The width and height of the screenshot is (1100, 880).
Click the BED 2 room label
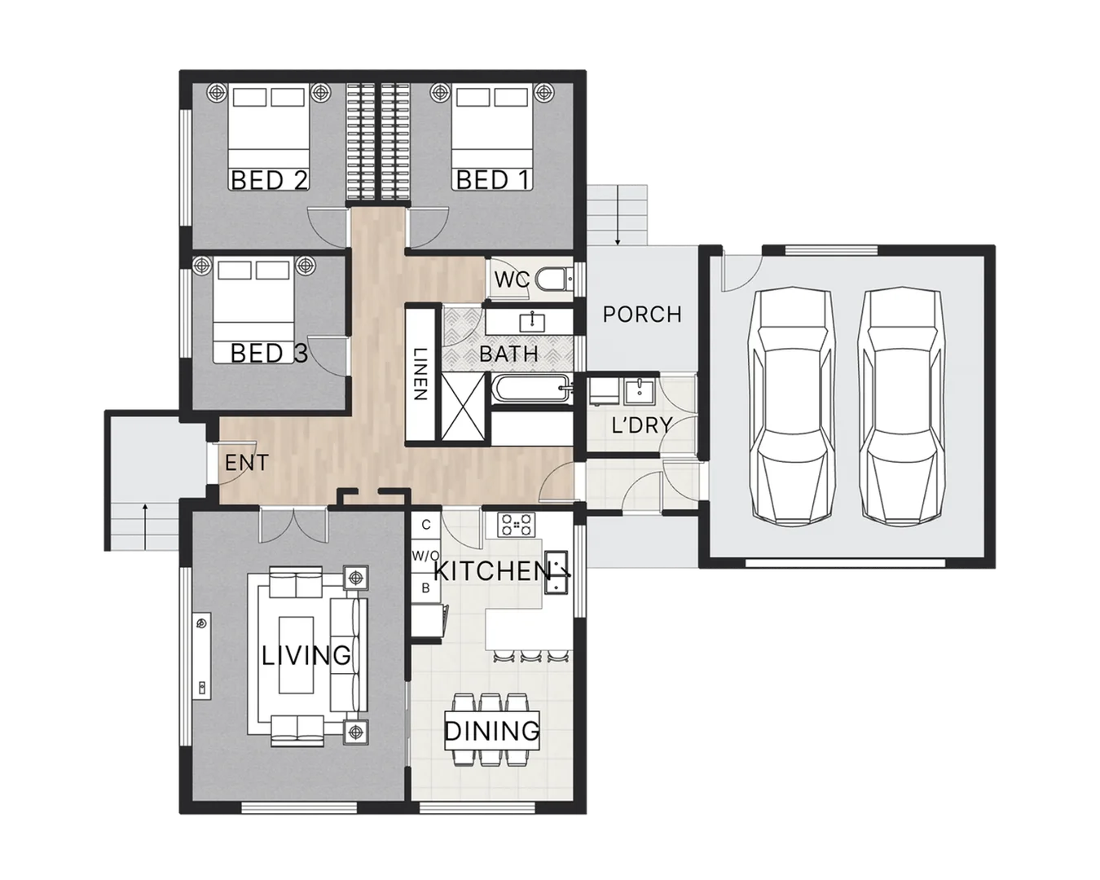click(x=270, y=180)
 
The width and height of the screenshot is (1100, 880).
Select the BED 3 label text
click(x=269, y=353)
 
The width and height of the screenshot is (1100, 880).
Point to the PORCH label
click(x=643, y=315)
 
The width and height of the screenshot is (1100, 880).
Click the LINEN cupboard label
click(x=420, y=374)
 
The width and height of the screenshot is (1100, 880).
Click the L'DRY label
click(x=642, y=425)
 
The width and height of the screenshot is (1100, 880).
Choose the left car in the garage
click(x=791, y=407)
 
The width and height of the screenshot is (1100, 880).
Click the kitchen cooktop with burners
click(x=517, y=525)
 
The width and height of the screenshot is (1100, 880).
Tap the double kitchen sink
click(x=557, y=572)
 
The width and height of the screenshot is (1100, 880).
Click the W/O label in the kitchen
click(x=426, y=556)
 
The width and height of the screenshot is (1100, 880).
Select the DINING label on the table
click(x=492, y=731)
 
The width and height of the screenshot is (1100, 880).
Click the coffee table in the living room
click(x=296, y=655)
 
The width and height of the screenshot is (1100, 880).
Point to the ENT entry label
click(x=247, y=464)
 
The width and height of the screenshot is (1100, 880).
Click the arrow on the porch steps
click(x=618, y=215)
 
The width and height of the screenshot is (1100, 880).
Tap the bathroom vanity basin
click(x=532, y=322)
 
